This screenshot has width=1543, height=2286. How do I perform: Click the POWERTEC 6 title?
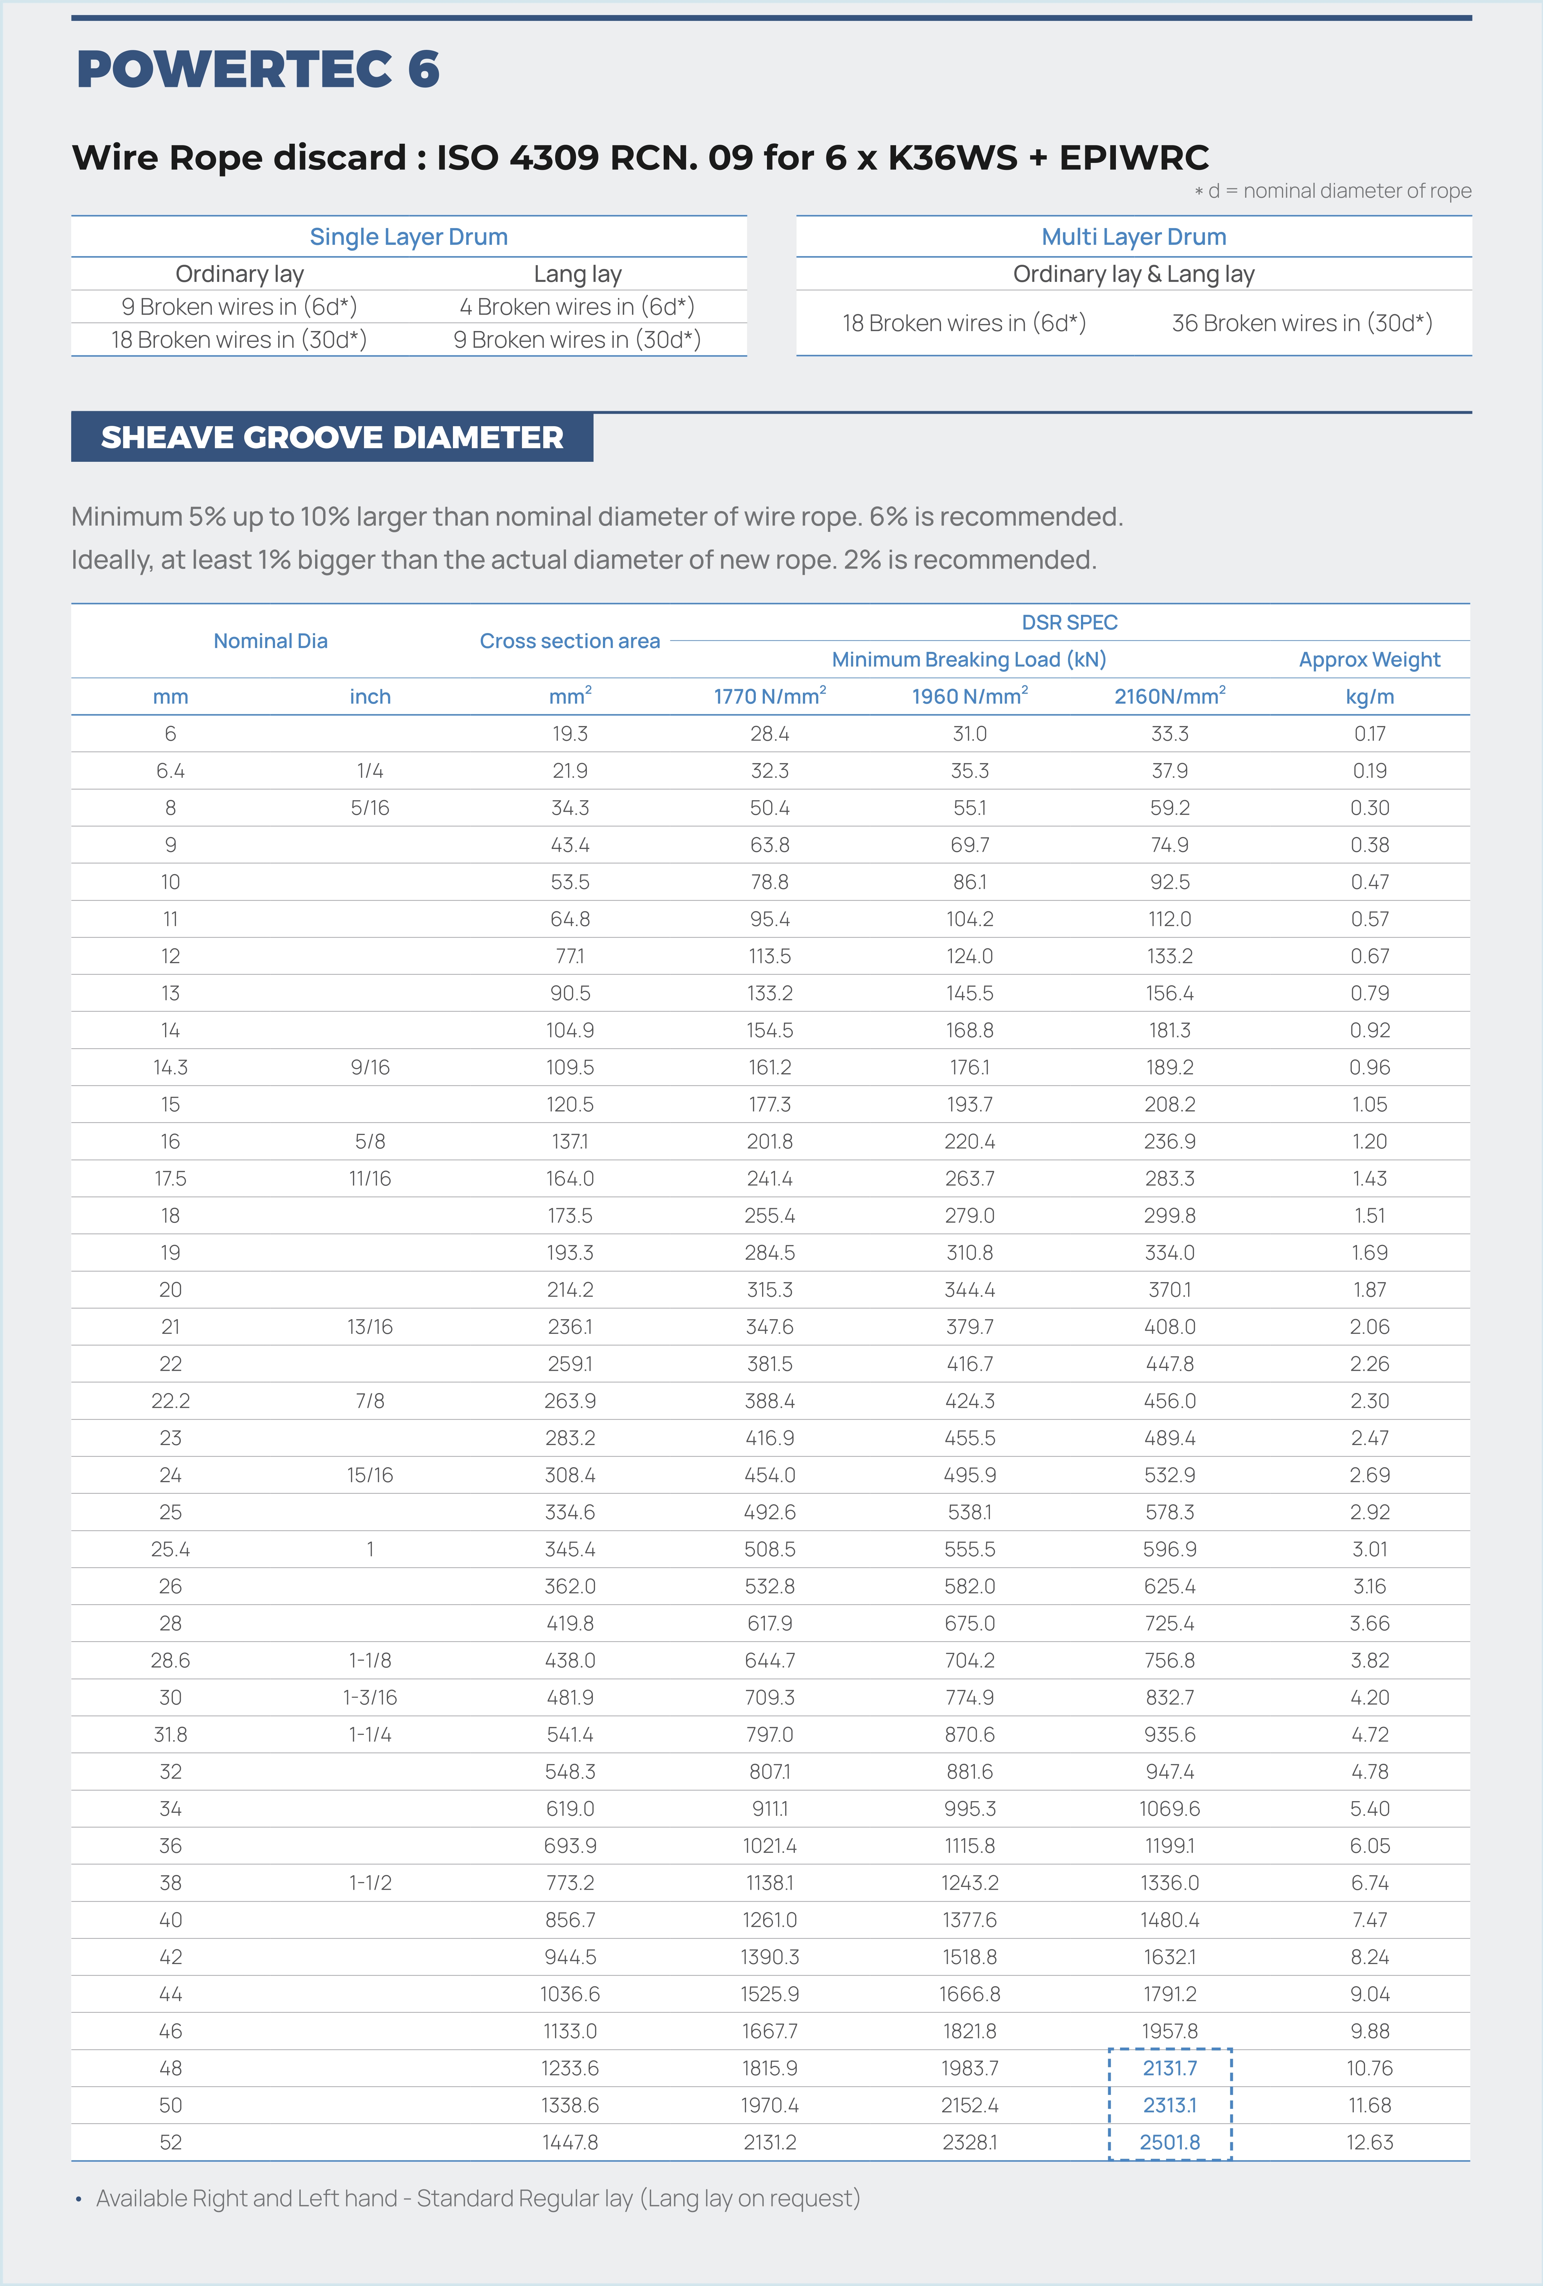point(258,69)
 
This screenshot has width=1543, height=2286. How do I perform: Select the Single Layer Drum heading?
point(408,237)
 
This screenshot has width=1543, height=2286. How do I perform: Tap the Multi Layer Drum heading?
point(1134,237)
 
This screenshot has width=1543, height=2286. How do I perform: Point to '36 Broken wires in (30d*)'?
point(1301,323)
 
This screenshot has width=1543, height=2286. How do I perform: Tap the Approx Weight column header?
point(1369,659)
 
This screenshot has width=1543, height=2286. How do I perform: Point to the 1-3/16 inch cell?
point(370,1697)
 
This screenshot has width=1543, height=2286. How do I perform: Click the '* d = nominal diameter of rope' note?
point(1333,191)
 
